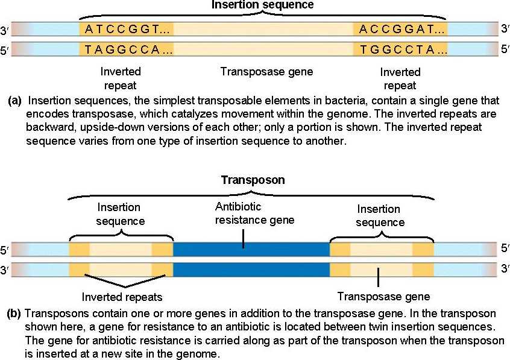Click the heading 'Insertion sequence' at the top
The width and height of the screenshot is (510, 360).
pyautogui.click(x=254, y=5)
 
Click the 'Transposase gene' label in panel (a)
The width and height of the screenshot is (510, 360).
pyautogui.click(x=266, y=72)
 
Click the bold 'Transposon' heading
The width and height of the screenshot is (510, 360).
pyautogui.click(x=253, y=180)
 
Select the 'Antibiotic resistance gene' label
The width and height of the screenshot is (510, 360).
pyautogui.click(x=254, y=213)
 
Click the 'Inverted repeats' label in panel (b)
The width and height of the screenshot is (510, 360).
pyautogui.click(x=122, y=297)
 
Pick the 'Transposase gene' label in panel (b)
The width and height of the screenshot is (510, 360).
pyautogui.click(x=383, y=296)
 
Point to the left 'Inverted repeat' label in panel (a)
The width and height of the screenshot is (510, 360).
pyautogui.click(x=120, y=78)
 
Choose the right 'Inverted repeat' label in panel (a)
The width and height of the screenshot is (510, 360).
pyautogui.click(x=400, y=78)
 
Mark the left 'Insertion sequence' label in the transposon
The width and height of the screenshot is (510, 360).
pyautogui.click(x=121, y=214)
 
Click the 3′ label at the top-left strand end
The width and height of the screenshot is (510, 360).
pyautogui.click(x=5, y=30)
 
